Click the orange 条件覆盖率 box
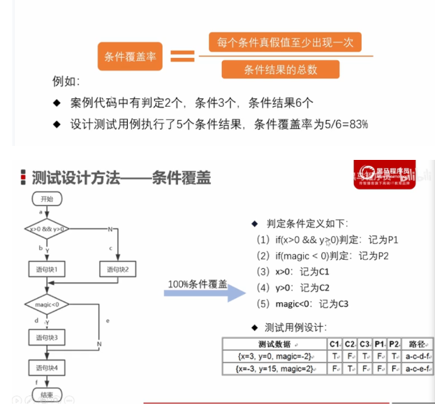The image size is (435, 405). click(129, 57)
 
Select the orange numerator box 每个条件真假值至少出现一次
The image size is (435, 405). click(285, 43)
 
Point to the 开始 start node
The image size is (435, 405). click(47, 198)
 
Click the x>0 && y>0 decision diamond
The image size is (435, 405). click(46, 228)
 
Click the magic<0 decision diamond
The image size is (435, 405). click(47, 304)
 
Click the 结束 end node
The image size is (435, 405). click(47, 395)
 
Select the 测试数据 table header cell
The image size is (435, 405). click(274, 344)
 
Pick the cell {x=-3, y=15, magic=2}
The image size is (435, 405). click(274, 367)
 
